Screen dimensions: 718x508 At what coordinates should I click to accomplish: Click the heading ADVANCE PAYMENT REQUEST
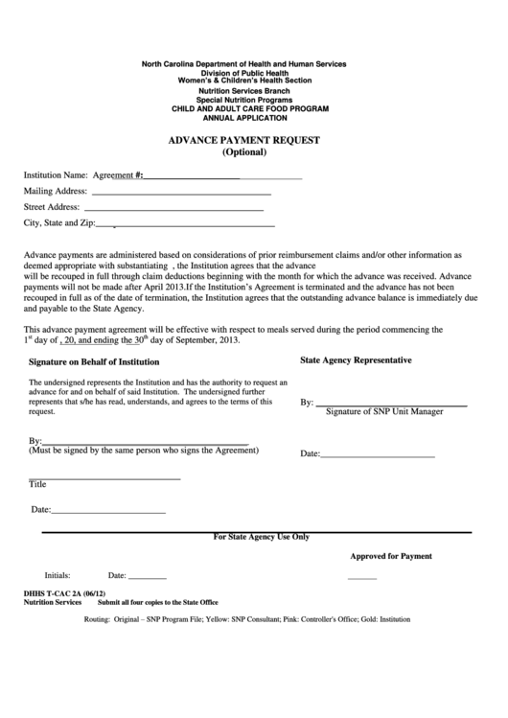244,140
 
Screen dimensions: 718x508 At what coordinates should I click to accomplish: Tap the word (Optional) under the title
244,152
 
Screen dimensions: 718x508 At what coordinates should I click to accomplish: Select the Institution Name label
56,176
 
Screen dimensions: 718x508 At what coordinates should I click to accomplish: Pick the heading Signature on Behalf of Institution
94,362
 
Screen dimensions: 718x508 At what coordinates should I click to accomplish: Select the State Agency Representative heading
356,360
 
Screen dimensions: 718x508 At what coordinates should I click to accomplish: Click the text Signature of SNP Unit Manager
384,412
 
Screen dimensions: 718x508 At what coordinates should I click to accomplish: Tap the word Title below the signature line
37,485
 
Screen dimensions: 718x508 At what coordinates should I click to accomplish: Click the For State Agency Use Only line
261,538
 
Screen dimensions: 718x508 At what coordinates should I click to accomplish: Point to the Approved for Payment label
390,556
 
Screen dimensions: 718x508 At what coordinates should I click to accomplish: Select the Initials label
58,576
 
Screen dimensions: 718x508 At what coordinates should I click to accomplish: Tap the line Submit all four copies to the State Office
157,603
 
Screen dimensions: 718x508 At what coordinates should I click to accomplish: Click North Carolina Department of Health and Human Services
243,63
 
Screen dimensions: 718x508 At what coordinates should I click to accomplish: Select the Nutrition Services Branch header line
242,90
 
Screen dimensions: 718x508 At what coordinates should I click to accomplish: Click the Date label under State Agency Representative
310,453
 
